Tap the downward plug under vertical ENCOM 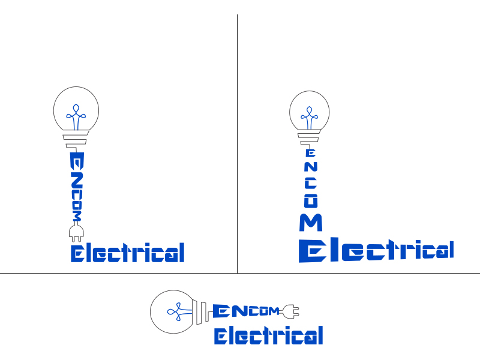coord(76,232)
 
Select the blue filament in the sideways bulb coord(179,311)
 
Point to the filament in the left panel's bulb coord(76,117)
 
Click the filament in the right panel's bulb coord(310,118)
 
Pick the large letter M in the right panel coord(311,222)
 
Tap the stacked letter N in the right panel coord(311,167)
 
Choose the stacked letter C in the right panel coord(311,183)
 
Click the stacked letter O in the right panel coord(311,201)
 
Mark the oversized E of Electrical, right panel coord(312,251)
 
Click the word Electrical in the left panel coord(128,253)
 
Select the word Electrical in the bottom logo coord(268,335)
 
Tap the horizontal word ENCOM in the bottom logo coord(246,311)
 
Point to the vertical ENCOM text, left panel coord(77,187)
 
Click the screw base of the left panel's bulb coord(76,139)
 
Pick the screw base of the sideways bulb coord(201,312)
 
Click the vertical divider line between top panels coord(237,143)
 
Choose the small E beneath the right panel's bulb coord(311,153)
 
